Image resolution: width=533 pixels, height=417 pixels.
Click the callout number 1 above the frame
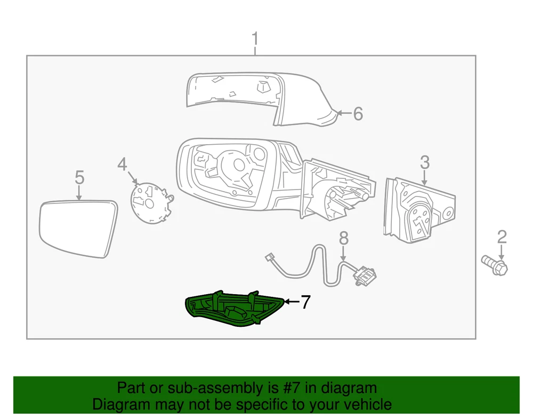point(255,39)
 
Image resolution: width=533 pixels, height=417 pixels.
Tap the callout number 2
point(502,237)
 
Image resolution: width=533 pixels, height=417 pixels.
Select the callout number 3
point(425,162)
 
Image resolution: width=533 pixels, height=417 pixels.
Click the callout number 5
point(79,177)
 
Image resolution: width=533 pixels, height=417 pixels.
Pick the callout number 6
point(358,113)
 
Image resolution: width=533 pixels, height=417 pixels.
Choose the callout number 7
point(306,302)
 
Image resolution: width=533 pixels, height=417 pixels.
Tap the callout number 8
point(344,238)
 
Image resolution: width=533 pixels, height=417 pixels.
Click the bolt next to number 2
point(495,265)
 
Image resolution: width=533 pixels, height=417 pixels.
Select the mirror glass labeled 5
point(78,229)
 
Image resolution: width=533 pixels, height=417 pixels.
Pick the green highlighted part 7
point(234,309)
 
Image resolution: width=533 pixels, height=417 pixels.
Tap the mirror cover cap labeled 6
point(262,99)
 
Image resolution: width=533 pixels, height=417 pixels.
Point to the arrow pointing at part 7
point(292,302)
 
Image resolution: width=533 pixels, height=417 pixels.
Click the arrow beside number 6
point(344,113)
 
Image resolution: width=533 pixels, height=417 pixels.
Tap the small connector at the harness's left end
point(270,257)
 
